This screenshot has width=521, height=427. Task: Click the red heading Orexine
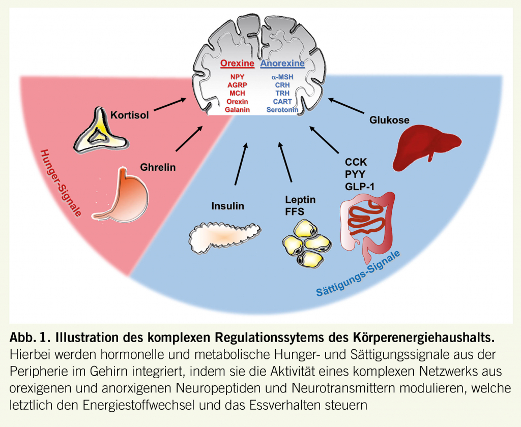click(x=237, y=64)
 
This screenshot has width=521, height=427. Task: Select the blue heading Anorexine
click(x=282, y=64)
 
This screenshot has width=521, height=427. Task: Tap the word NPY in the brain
click(x=237, y=77)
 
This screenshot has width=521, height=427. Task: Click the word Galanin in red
click(x=237, y=109)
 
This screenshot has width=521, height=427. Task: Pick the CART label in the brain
click(x=282, y=101)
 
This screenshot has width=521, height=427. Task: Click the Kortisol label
click(x=129, y=115)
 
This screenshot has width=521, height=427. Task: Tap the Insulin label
click(x=227, y=206)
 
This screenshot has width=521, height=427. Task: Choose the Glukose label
click(x=389, y=120)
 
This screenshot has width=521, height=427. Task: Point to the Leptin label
click(x=300, y=200)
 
